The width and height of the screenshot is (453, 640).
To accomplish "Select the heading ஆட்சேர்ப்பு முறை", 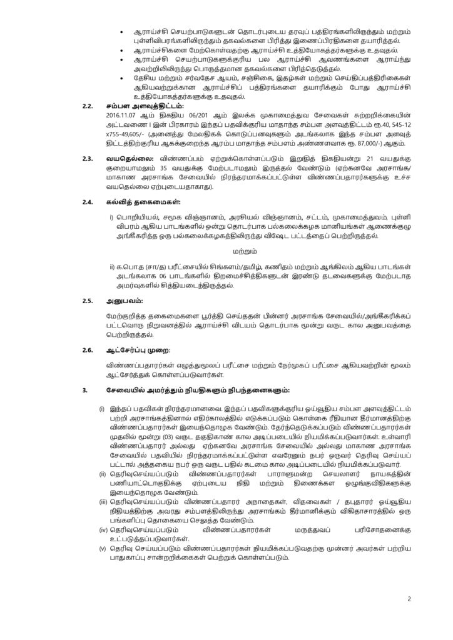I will [x=138, y=349].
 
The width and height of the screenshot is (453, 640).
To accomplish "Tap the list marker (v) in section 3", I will [x=103, y=548].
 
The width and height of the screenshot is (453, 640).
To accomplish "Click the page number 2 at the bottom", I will [x=409, y=599].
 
